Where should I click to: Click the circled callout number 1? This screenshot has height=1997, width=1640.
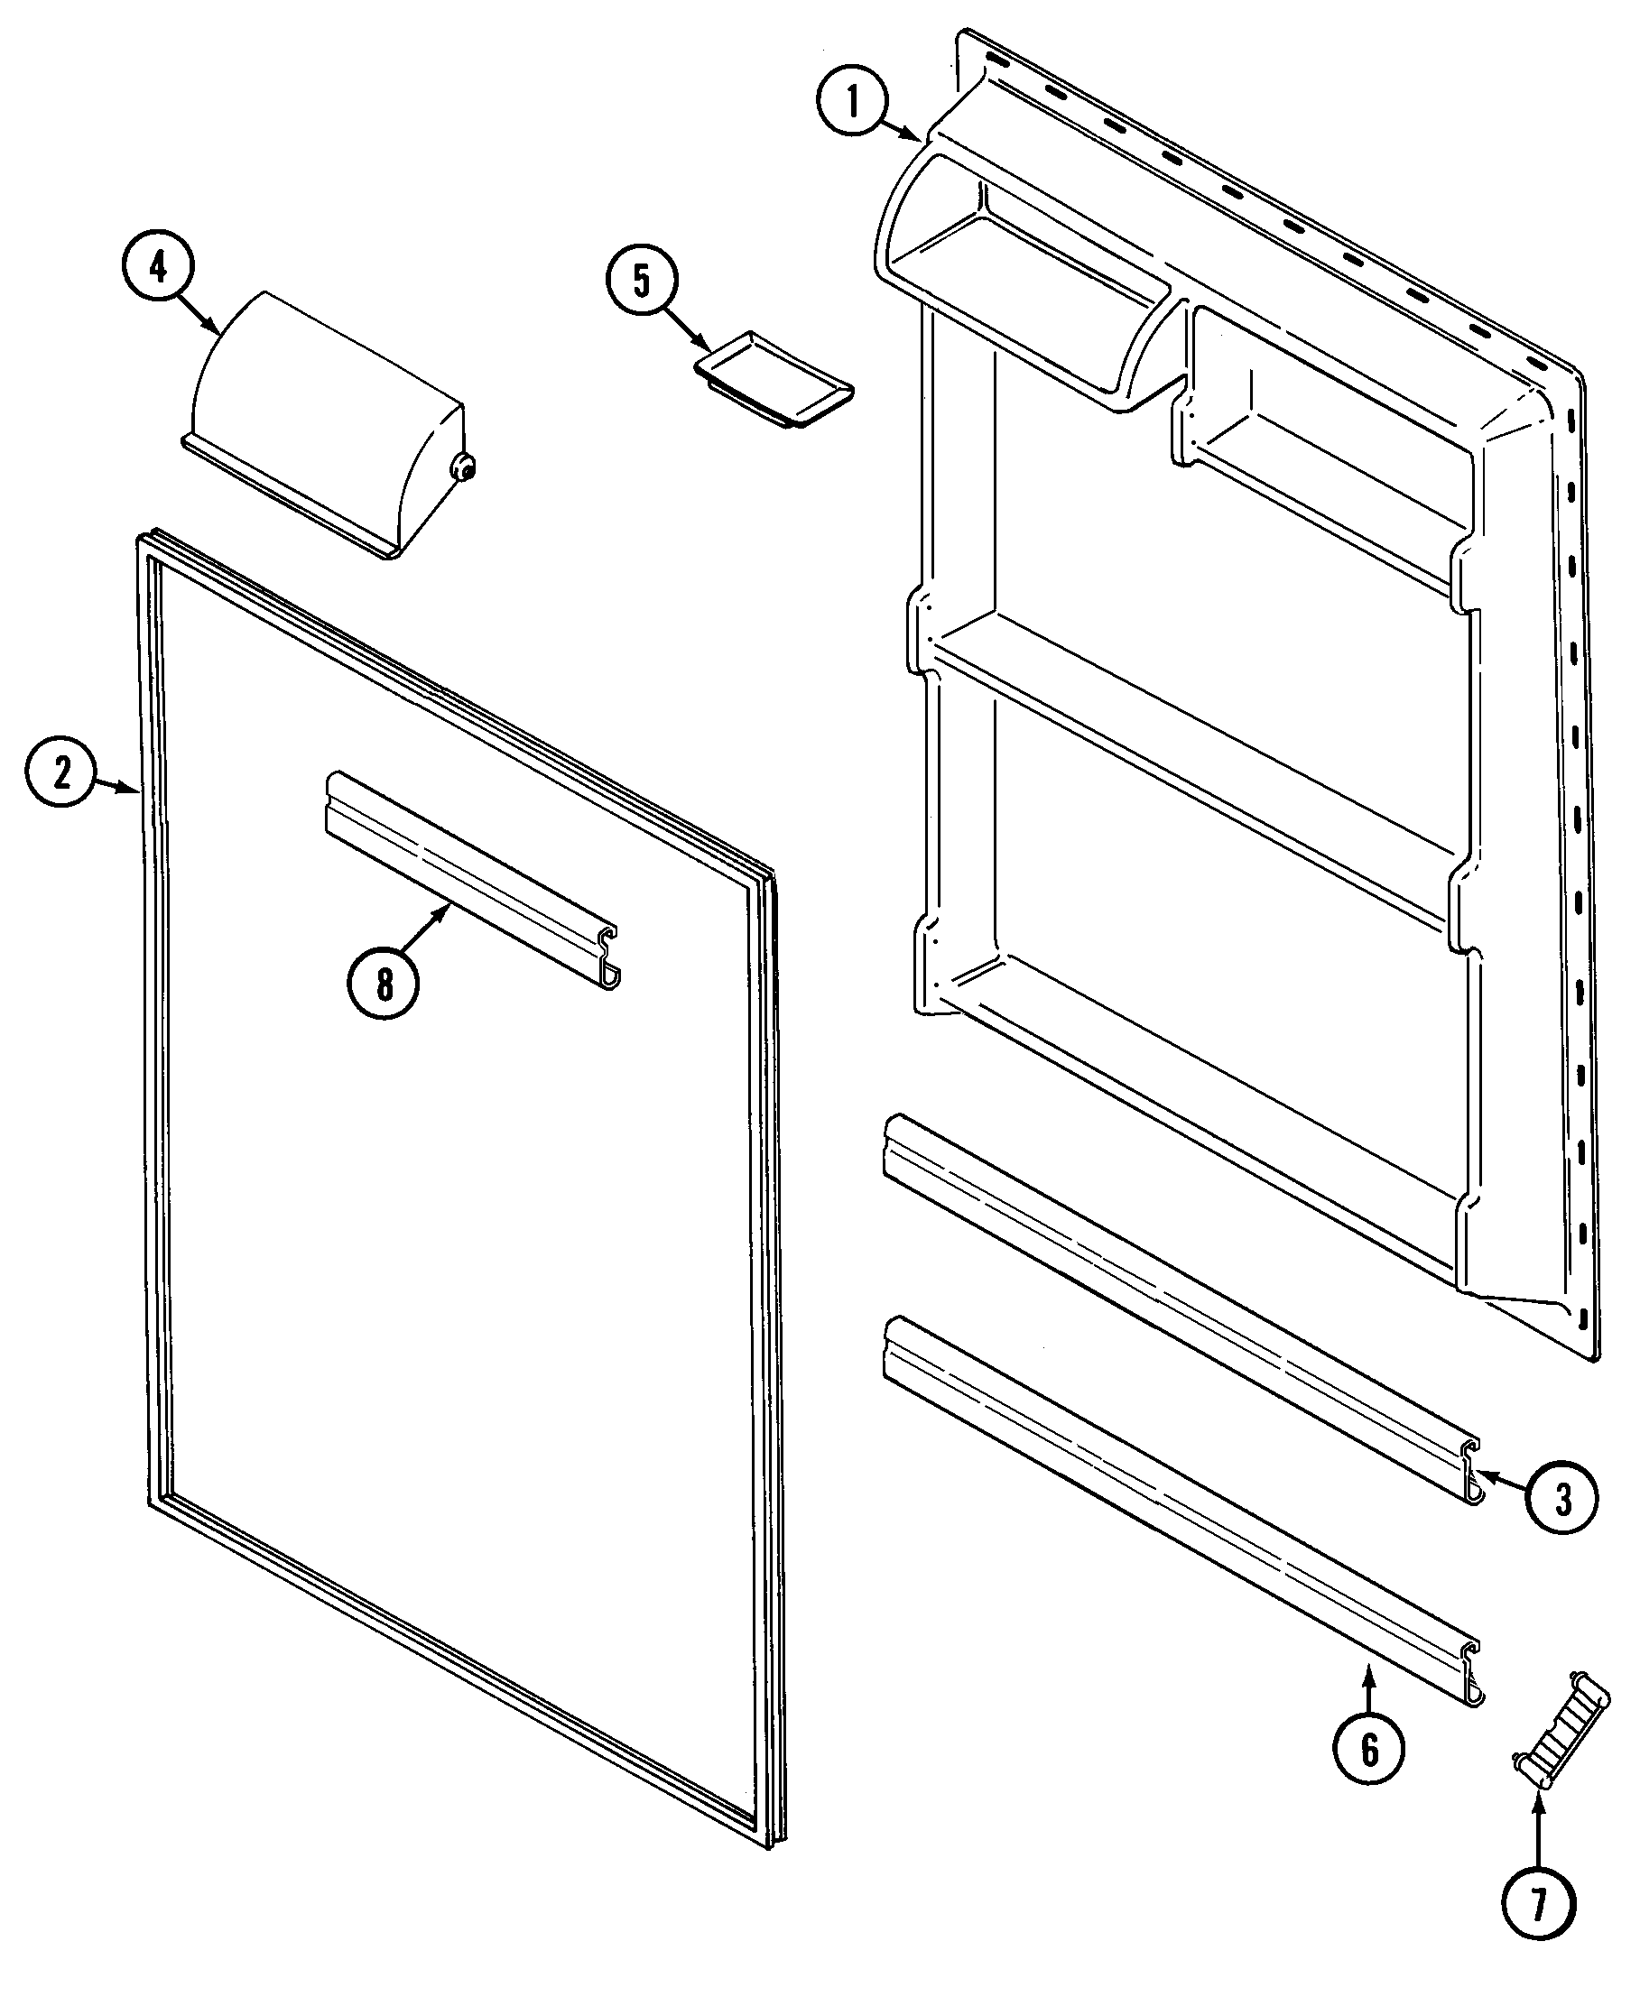pyautogui.click(x=852, y=103)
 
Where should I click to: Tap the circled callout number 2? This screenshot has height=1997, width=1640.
pyautogui.click(x=61, y=772)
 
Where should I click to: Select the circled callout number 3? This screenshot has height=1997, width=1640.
pyautogui.click(x=1562, y=1497)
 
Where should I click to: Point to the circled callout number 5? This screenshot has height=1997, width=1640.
pyautogui.click(x=642, y=281)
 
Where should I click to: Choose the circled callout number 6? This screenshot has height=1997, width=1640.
pyautogui.click(x=1369, y=1751)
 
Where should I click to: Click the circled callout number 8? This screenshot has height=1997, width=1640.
pyautogui.click(x=384, y=985)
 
